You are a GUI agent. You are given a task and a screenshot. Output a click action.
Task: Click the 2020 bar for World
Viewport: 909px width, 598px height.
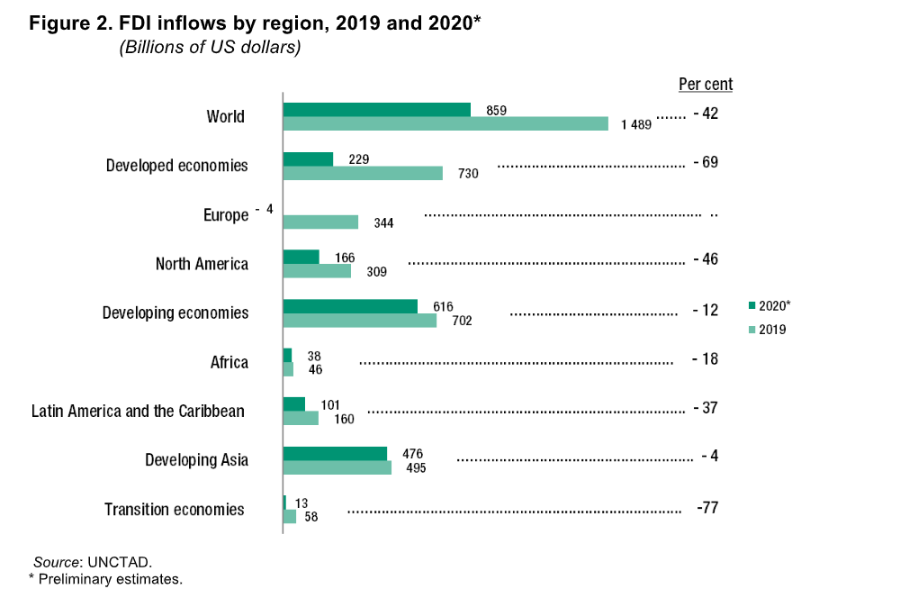[376, 110]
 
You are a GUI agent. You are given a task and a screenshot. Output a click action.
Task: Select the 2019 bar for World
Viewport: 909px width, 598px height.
[445, 123]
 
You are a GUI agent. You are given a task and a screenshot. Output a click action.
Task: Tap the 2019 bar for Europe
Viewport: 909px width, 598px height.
[320, 222]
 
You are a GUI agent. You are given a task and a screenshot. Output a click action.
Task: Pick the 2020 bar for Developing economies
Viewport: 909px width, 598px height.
[350, 306]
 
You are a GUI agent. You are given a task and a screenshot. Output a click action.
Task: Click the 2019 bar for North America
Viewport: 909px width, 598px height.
[317, 271]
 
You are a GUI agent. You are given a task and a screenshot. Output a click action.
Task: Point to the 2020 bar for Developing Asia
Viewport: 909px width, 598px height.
[335, 453]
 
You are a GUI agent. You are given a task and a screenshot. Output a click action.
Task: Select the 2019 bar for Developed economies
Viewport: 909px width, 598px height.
[363, 173]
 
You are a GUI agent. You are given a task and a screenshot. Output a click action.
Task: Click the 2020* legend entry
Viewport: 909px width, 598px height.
[769, 305]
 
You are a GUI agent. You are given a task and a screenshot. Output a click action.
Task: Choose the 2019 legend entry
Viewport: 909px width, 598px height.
[768, 330]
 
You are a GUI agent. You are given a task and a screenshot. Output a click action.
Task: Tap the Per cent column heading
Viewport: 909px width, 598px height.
[706, 85]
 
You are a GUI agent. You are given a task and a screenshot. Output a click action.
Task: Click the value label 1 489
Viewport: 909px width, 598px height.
[635, 124]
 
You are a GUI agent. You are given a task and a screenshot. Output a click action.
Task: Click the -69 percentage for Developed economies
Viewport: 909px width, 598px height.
[706, 163]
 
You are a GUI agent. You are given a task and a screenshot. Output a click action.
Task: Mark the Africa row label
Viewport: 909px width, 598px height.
[229, 362]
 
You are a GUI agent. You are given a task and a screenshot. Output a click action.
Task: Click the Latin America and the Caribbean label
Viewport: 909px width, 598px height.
[138, 411]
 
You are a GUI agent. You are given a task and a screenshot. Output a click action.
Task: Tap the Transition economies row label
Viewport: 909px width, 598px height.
[174, 509]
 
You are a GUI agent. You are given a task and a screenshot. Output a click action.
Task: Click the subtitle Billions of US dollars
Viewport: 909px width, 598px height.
[210, 48]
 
